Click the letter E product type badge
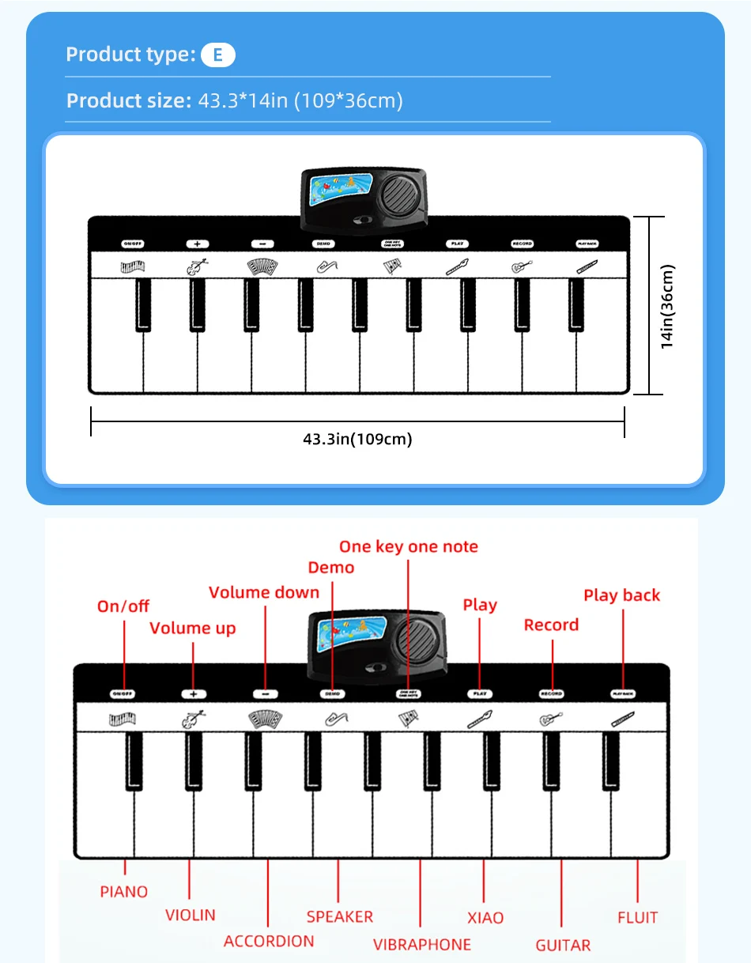pyautogui.click(x=218, y=55)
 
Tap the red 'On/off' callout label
pyautogui.click(x=123, y=606)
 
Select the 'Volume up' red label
pyautogui.click(x=193, y=629)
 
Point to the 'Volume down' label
pyautogui.click(x=264, y=592)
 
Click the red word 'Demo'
pyautogui.click(x=331, y=568)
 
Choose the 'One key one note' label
pyautogui.click(x=409, y=546)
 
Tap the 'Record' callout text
pyautogui.click(x=551, y=625)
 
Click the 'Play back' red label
pyautogui.click(x=621, y=595)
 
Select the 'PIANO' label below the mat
pyautogui.click(x=124, y=892)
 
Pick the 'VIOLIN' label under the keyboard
pyautogui.click(x=190, y=915)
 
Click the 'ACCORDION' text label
pyautogui.click(x=269, y=941)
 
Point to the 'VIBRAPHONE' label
pyautogui.click(x=422, y=944)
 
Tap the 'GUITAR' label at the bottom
pyautogui.click(x=563, y=945)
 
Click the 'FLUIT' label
pyautogui.click(x=637, y=918)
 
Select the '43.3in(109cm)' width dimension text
pyautogui.click(x=357, y=439)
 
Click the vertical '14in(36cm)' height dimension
pyautogui.click(x=668, y=306)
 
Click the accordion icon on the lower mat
pyautogui.click(x=264, y=719)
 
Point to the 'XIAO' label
pyautogui.click(x=485, y=918)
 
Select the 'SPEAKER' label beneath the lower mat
pyautogui.click(x=340, y=916)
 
